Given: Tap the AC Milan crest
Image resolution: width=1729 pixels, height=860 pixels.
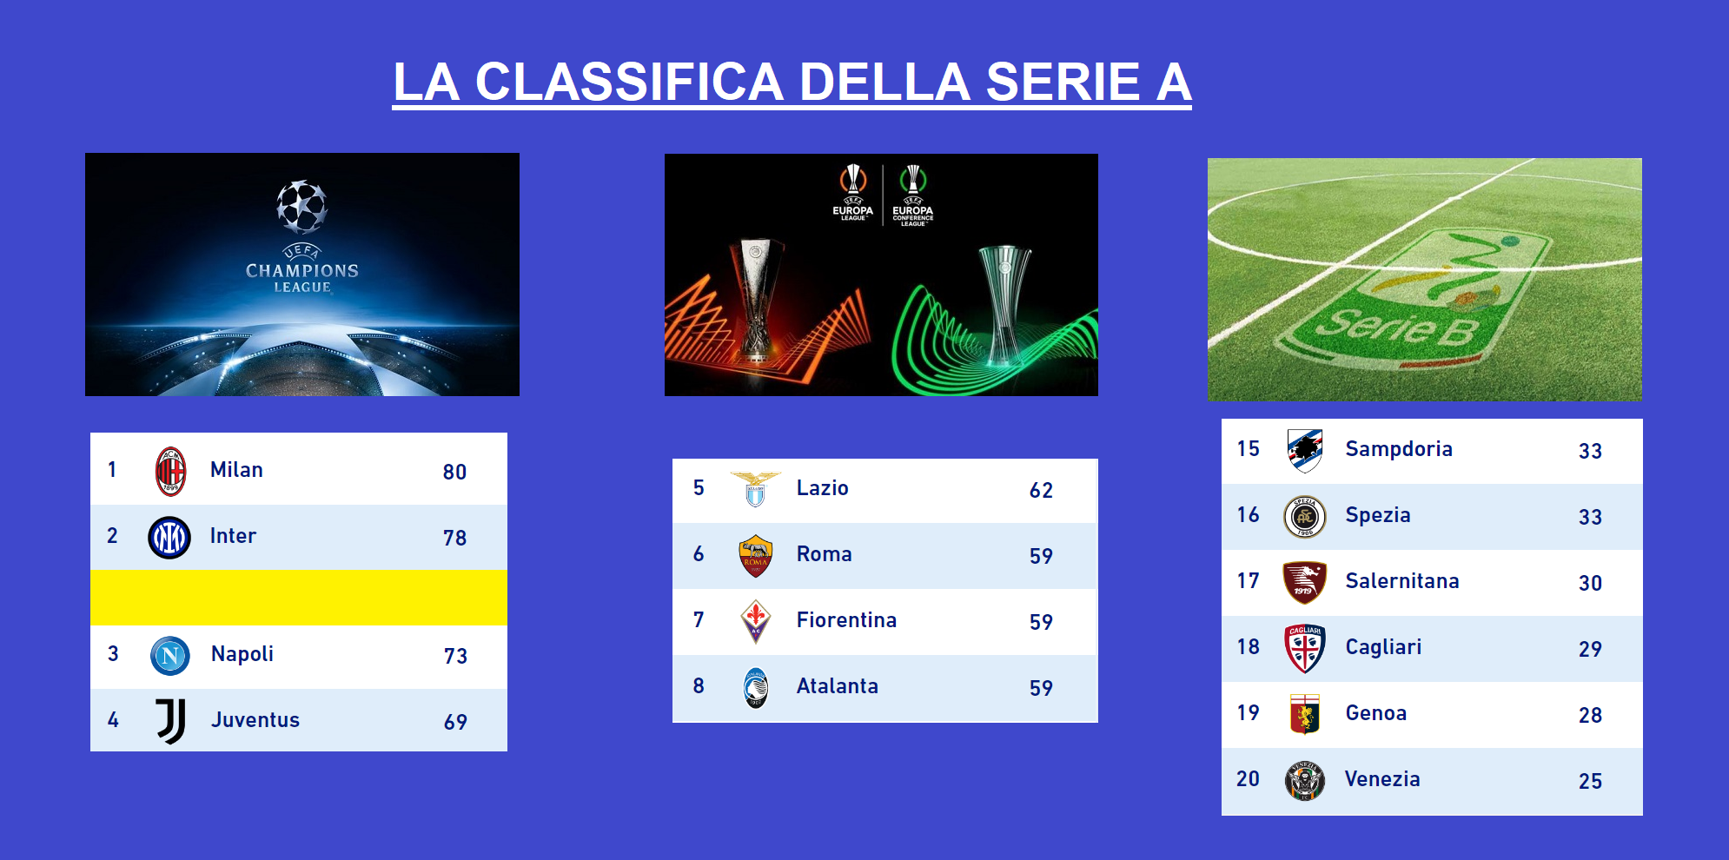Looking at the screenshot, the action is click(170, 471).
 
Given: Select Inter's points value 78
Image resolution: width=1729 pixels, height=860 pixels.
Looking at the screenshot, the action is click(454, 538).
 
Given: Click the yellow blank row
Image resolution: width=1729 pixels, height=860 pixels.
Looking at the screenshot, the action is click(299, 597).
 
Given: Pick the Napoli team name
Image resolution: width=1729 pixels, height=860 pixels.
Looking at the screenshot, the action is click(242, 654).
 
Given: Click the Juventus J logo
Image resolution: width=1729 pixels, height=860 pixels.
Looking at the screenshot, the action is click(171, 721).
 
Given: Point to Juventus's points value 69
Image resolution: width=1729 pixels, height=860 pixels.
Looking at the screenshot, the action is click(455, 722).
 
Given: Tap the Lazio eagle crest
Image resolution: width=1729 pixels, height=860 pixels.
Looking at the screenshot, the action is click(755, 489).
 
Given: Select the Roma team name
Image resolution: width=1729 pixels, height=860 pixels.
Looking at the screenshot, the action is click(824, 554).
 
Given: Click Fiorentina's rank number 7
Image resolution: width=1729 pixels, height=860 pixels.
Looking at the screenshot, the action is click(699, 620).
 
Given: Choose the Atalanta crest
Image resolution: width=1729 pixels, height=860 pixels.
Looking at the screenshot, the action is click(756, 688).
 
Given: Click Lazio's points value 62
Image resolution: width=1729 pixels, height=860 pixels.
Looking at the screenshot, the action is click(1041, 490).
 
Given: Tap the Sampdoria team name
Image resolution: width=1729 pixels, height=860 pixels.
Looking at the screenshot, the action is click(1399, 449).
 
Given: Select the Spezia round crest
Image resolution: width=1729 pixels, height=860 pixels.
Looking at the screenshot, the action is click(1305, 517).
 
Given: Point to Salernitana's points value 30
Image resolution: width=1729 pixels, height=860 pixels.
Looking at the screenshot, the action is click(1590, 583).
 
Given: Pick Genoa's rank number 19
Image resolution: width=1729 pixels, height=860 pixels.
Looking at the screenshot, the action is click(1248, 713).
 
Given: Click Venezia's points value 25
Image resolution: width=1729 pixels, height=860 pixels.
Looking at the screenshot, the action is click(1590, 781).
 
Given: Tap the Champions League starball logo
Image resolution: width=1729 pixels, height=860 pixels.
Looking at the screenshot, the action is click(301, 207).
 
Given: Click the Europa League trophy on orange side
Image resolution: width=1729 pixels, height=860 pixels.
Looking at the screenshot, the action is click(756, 300).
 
